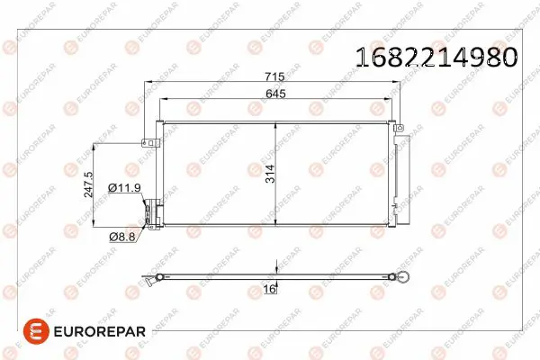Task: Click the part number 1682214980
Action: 436,57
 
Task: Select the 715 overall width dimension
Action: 274,76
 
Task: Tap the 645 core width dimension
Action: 275,94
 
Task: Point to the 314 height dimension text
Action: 270,174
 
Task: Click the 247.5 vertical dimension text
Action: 88,184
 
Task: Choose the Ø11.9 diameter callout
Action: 124,188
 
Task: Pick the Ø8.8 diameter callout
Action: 122,237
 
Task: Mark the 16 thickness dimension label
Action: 269,289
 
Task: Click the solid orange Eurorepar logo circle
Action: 36,331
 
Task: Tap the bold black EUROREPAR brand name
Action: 100,332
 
